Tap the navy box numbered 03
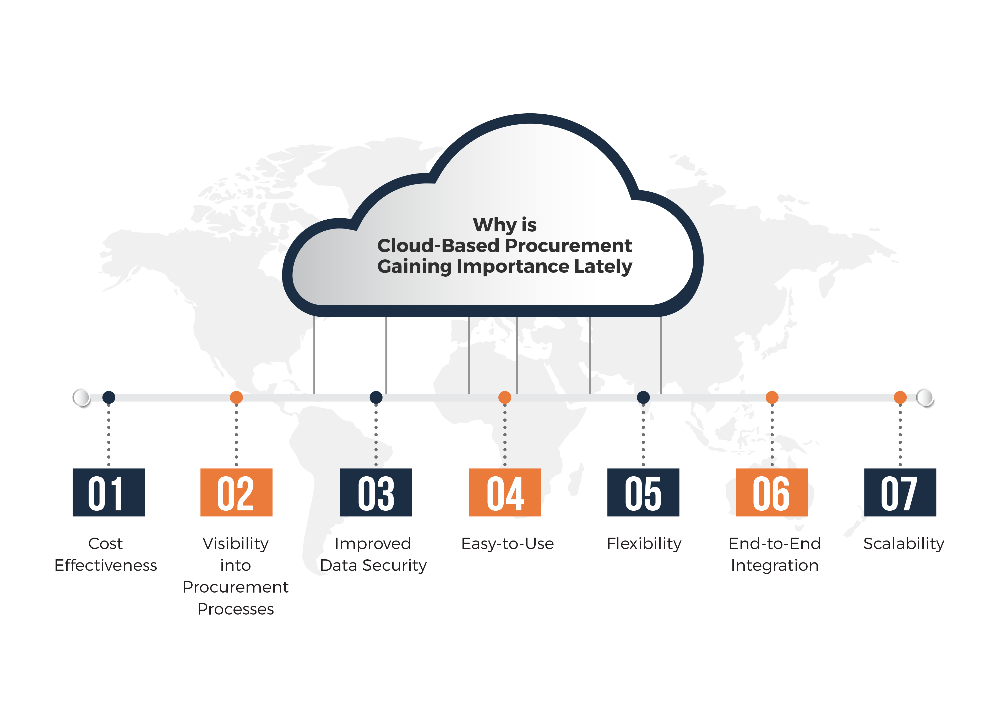376,492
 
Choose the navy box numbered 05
643,492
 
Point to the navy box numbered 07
900,492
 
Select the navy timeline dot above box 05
643,397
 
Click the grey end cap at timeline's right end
925,397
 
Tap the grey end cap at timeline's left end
81,397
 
